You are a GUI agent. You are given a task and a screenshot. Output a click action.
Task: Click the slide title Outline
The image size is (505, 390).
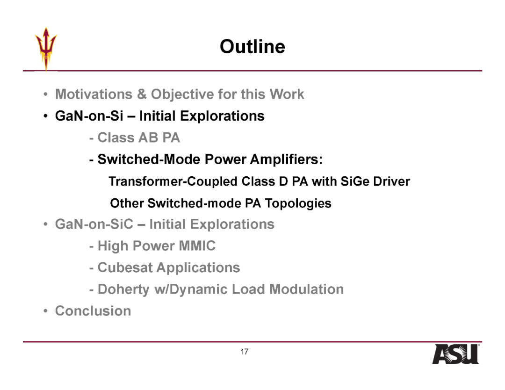(252, 47)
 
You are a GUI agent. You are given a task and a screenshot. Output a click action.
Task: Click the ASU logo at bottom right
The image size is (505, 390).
(456, 354)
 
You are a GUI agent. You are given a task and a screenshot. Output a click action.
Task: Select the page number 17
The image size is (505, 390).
(245, 352)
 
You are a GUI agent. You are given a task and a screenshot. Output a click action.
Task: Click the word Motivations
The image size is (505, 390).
(94, 94)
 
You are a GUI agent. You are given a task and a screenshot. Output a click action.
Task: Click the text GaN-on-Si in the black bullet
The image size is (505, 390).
(89, 116)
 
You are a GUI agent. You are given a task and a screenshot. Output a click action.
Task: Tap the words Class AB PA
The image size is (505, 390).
(138, 137)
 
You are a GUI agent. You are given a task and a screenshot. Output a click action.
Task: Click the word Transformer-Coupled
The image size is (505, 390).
(173, 181)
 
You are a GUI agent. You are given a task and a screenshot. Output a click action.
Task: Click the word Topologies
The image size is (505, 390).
(298, 203)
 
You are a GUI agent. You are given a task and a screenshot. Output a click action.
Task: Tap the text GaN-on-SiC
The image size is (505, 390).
(94, 224)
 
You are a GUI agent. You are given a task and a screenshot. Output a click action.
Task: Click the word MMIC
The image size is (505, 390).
(197, 246)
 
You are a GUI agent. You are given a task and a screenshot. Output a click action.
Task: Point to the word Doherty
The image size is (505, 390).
(123, 289)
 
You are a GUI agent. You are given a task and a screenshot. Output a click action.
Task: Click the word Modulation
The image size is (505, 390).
(306, 289)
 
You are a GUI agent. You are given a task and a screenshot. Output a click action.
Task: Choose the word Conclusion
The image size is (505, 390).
(93, 311)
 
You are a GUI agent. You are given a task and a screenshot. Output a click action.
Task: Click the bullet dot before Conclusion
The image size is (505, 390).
(46, 311)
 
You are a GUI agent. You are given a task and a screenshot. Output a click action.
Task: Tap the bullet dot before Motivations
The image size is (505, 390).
(46, 94)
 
